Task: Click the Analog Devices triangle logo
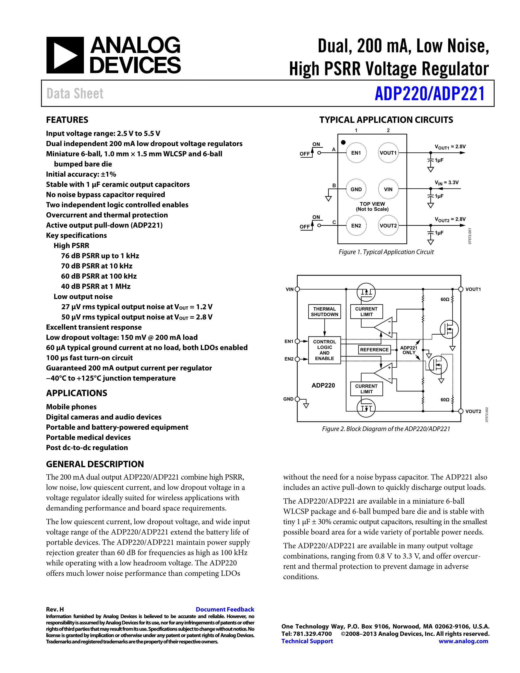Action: pos(65,55)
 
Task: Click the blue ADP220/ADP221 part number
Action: pos(429,94)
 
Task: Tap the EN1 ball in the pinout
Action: pos(356,152)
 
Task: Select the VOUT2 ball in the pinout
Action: pos(388,226)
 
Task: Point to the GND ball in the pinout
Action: pos(356,189)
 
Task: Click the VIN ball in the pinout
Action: pos(388,189)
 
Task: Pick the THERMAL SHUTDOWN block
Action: pos(324,312)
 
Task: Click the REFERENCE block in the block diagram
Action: pos(374,350)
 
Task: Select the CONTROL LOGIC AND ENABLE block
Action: pos(324,350)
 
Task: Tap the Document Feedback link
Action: pos(225,609)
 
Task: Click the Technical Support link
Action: pos(307,641)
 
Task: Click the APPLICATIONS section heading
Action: pos(77,393)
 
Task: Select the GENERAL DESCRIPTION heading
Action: pos(95,464)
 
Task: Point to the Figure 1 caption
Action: pos(386,252)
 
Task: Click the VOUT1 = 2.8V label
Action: pos(450,147)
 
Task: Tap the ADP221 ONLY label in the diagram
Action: pos(409,350)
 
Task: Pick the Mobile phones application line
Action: pos(71,407)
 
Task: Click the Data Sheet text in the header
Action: pos(75,94)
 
